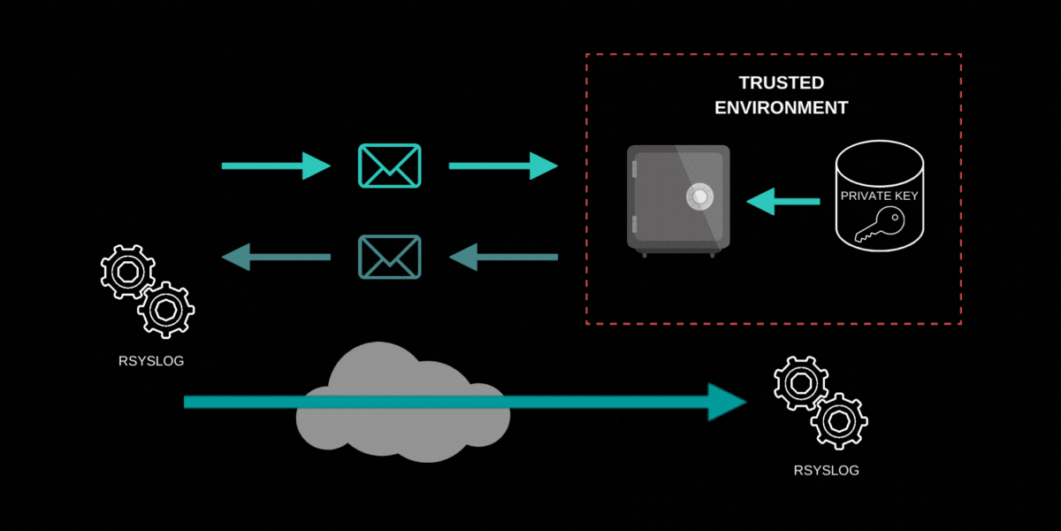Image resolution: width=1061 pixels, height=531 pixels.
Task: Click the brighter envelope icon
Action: [389, 165]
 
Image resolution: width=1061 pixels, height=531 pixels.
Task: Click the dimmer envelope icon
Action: [389, 257]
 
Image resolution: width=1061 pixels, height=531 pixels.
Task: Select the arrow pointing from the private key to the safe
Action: [782, 203]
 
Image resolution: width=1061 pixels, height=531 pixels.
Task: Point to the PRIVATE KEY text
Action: [879, 196]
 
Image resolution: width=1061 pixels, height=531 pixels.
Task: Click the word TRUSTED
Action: [781, 83]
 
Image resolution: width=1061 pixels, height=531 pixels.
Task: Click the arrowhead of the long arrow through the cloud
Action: [729, 403]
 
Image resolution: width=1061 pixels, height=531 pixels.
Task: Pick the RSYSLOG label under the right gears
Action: [826, 470]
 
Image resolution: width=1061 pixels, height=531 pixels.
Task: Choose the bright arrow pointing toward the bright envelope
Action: [274, 165]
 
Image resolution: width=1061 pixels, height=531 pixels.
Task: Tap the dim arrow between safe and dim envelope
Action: [504, 258]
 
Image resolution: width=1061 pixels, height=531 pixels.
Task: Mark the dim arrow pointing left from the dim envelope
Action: [275, 258]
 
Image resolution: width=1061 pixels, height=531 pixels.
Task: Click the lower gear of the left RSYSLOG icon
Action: [167, 311]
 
